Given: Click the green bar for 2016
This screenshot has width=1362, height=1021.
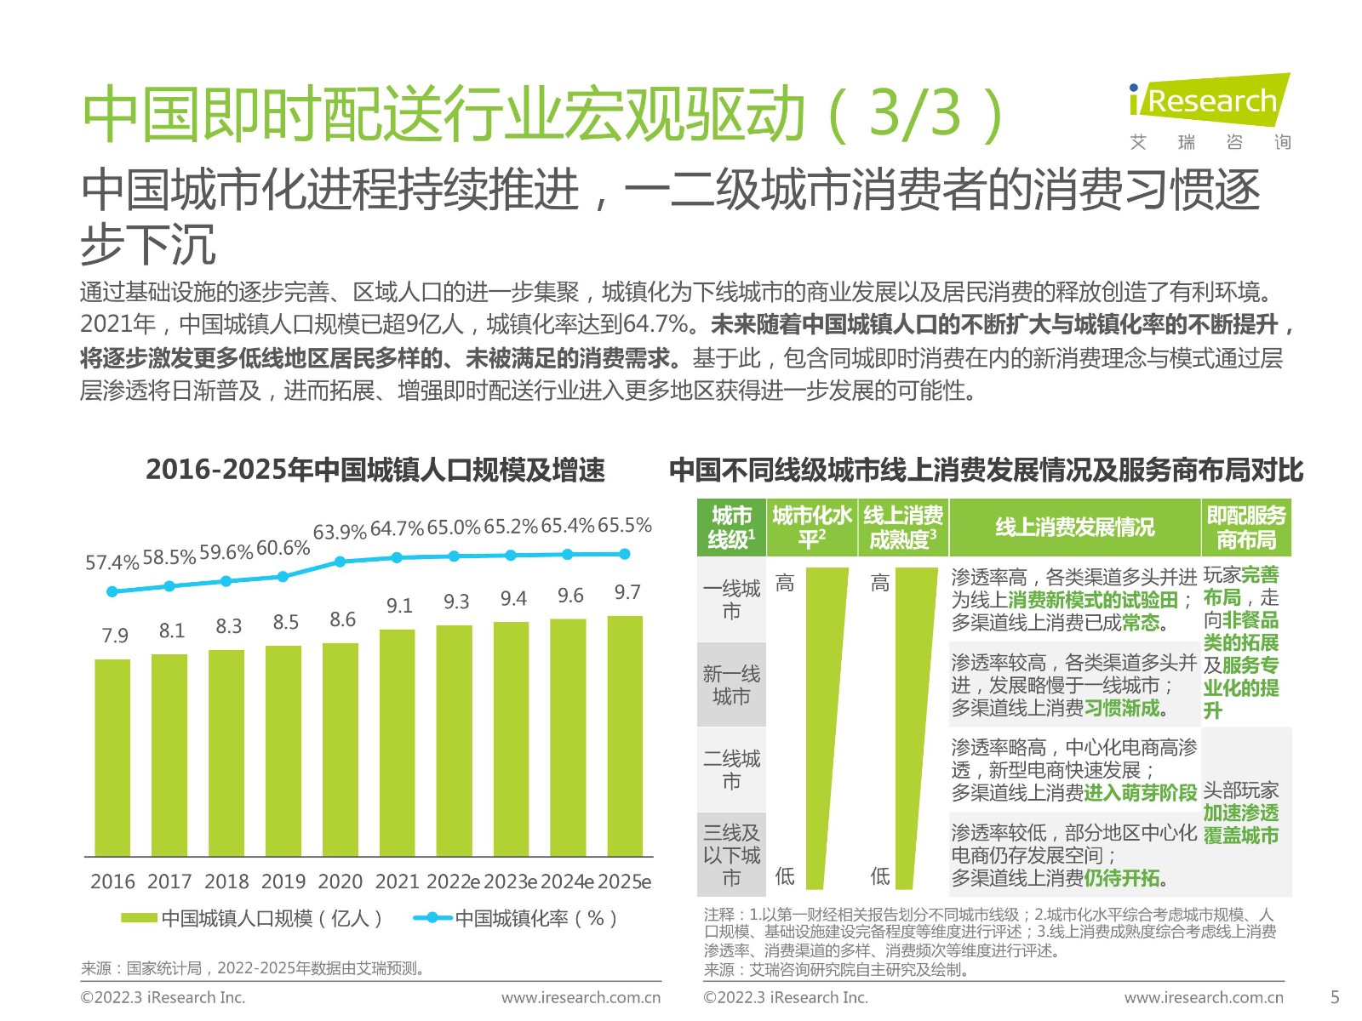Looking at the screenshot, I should (112, 757).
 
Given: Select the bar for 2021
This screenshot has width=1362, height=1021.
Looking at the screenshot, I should (398, 742).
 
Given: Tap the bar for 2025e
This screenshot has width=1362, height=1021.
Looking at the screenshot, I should (625, 735).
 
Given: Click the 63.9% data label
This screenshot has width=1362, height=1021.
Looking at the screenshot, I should (340, 533).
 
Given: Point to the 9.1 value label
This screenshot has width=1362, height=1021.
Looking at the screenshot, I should (399, 606).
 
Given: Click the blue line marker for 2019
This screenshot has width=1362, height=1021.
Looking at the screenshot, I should (283, 576).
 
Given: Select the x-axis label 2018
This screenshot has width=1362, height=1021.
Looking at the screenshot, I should (226, 881).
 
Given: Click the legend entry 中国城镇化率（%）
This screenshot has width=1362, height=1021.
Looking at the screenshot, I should (518, 918).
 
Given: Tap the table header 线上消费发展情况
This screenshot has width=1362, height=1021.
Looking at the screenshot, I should (1074, 528).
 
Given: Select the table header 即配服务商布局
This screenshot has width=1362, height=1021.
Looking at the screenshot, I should (1246, 528).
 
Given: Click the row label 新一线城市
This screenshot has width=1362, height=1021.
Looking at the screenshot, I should (731, 685).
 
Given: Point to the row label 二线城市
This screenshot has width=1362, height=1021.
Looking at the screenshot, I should (731, 769).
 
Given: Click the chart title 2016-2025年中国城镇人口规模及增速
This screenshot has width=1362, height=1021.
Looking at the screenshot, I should (375, 470).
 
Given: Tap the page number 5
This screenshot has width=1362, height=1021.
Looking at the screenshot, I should (1335, 997).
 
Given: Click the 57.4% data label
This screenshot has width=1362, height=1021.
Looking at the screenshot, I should (112, 563).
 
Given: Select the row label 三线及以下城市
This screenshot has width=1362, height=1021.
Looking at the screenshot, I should (731, 854).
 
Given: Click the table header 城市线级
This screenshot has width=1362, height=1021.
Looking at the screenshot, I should (731, 528).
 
